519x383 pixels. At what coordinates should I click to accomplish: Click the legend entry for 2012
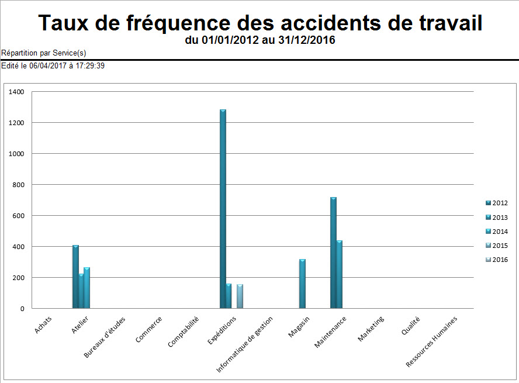(x=496, y=203)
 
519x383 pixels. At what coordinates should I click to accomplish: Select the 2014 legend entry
(x=496, y=232)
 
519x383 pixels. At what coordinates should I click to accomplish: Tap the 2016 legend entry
(x=496, y=260)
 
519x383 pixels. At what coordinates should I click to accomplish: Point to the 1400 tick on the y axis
(x=16, y=92)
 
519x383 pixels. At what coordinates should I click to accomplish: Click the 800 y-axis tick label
(x=18, y=185)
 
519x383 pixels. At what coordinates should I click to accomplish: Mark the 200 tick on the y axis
(x=18, y=278)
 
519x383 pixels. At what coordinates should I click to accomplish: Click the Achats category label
(x=43, y=325)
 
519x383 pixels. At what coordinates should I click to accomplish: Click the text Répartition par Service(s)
(x=44, y=53)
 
